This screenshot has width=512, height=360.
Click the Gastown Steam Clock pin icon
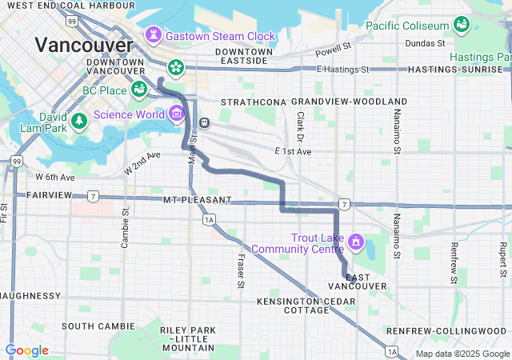tap(153, 35)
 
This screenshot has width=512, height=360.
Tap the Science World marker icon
tap(176, 114)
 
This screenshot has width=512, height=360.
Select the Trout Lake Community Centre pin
tap(356, 241)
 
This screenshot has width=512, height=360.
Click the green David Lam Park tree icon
tap(78, 121)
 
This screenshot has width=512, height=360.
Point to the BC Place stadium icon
tap(138, 90)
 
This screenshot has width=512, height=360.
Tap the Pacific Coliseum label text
tap(406, 26)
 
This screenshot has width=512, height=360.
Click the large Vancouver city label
tap(83, 45)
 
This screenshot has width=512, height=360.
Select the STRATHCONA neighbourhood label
tap(253, 102)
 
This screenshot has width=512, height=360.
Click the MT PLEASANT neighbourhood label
tap(197, 199)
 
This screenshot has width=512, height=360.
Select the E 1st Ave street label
tap(292, 151)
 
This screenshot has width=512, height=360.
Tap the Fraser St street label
tap(240, 261)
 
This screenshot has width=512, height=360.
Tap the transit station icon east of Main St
tap(206, 122)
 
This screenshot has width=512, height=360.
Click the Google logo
tap(26, 350)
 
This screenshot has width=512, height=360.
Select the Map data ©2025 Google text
tap(462, 354)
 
